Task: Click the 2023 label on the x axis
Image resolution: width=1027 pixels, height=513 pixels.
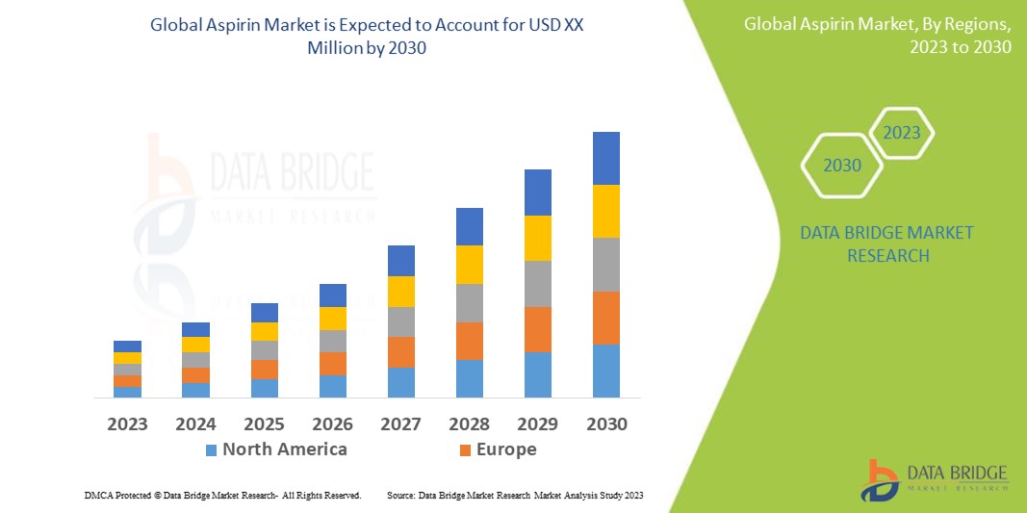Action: click(127, 424)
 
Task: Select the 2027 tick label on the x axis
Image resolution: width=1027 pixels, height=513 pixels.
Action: click(401, 424)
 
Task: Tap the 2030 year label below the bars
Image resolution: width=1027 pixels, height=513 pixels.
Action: click(606, 424)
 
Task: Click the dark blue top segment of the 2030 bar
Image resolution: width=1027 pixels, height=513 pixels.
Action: click(606, 158)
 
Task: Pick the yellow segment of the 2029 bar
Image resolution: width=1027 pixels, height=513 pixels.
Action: click(538, 238)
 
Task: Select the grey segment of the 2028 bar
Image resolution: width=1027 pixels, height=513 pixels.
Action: click(470, 302)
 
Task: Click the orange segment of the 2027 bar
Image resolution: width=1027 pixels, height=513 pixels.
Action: click(401, 351)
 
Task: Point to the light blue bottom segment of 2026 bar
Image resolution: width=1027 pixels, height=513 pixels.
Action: click(333, 386)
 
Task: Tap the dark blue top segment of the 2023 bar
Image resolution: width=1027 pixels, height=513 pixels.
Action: click(127, 346)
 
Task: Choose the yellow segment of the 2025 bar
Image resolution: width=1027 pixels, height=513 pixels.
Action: click(265, 331)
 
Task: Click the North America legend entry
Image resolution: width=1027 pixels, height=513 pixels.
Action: click(284, 449)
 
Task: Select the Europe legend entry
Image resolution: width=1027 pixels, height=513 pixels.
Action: click(506, 449)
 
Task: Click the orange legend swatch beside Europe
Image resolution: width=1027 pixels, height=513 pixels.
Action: click(466, 450)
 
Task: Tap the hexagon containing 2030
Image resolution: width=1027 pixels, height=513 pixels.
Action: click(842, 166)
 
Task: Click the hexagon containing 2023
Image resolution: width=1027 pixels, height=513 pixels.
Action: click(902, 133)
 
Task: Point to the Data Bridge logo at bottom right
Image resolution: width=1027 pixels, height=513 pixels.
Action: click(934, 478)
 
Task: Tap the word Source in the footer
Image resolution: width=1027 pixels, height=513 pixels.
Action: click(401, 495)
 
